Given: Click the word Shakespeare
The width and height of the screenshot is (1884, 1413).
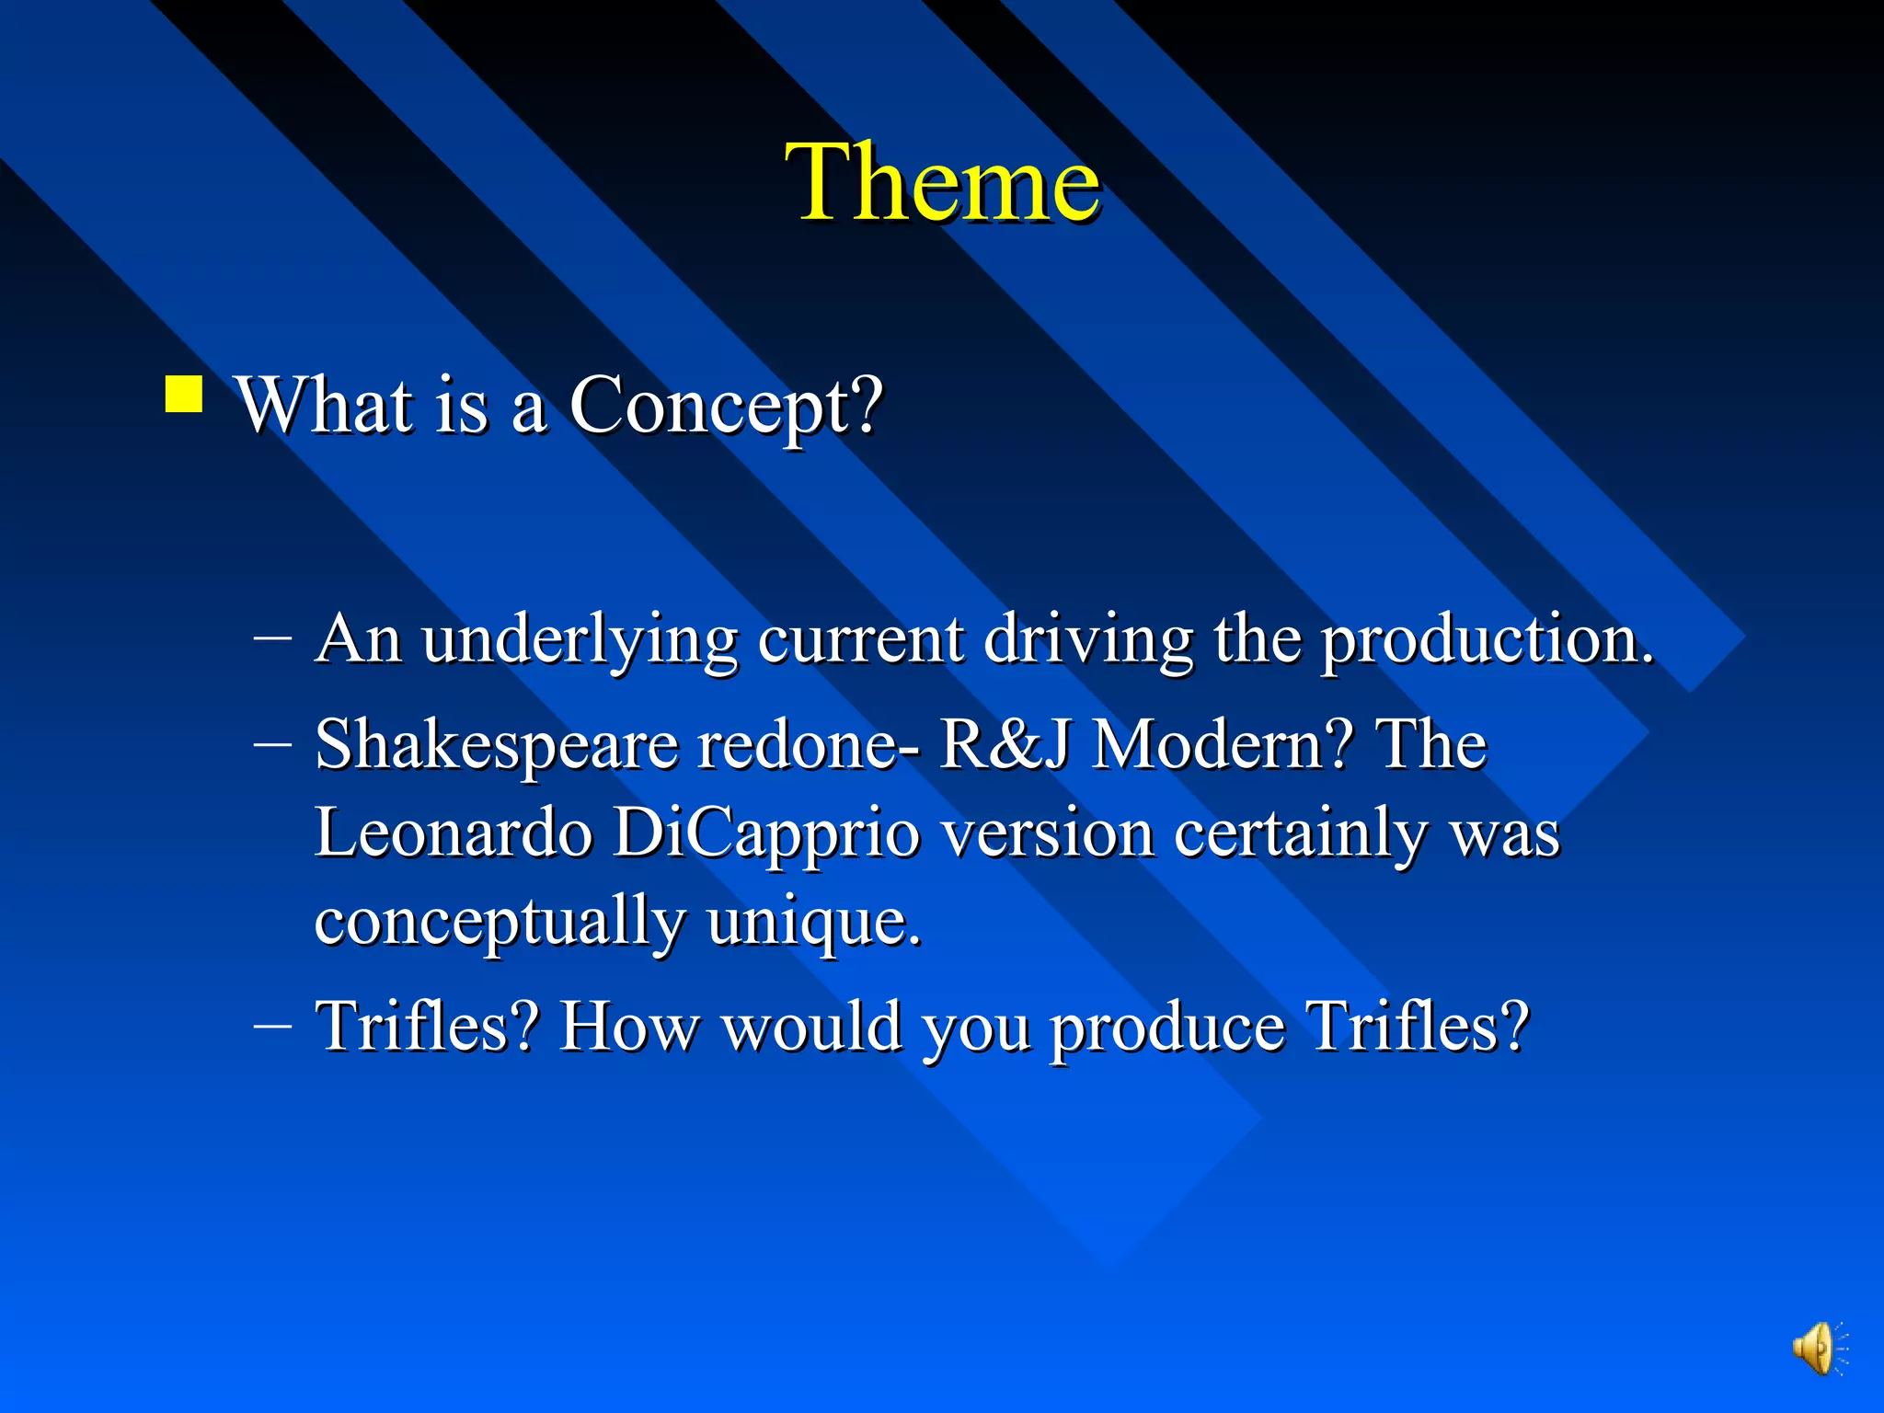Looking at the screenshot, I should coord(497,745).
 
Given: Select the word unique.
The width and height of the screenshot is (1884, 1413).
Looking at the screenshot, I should coord(813,922).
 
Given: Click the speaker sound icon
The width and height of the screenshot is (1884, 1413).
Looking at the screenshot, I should coord(1817,1349).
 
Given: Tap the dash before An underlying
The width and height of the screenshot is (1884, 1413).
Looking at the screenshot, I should coord(273,637).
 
